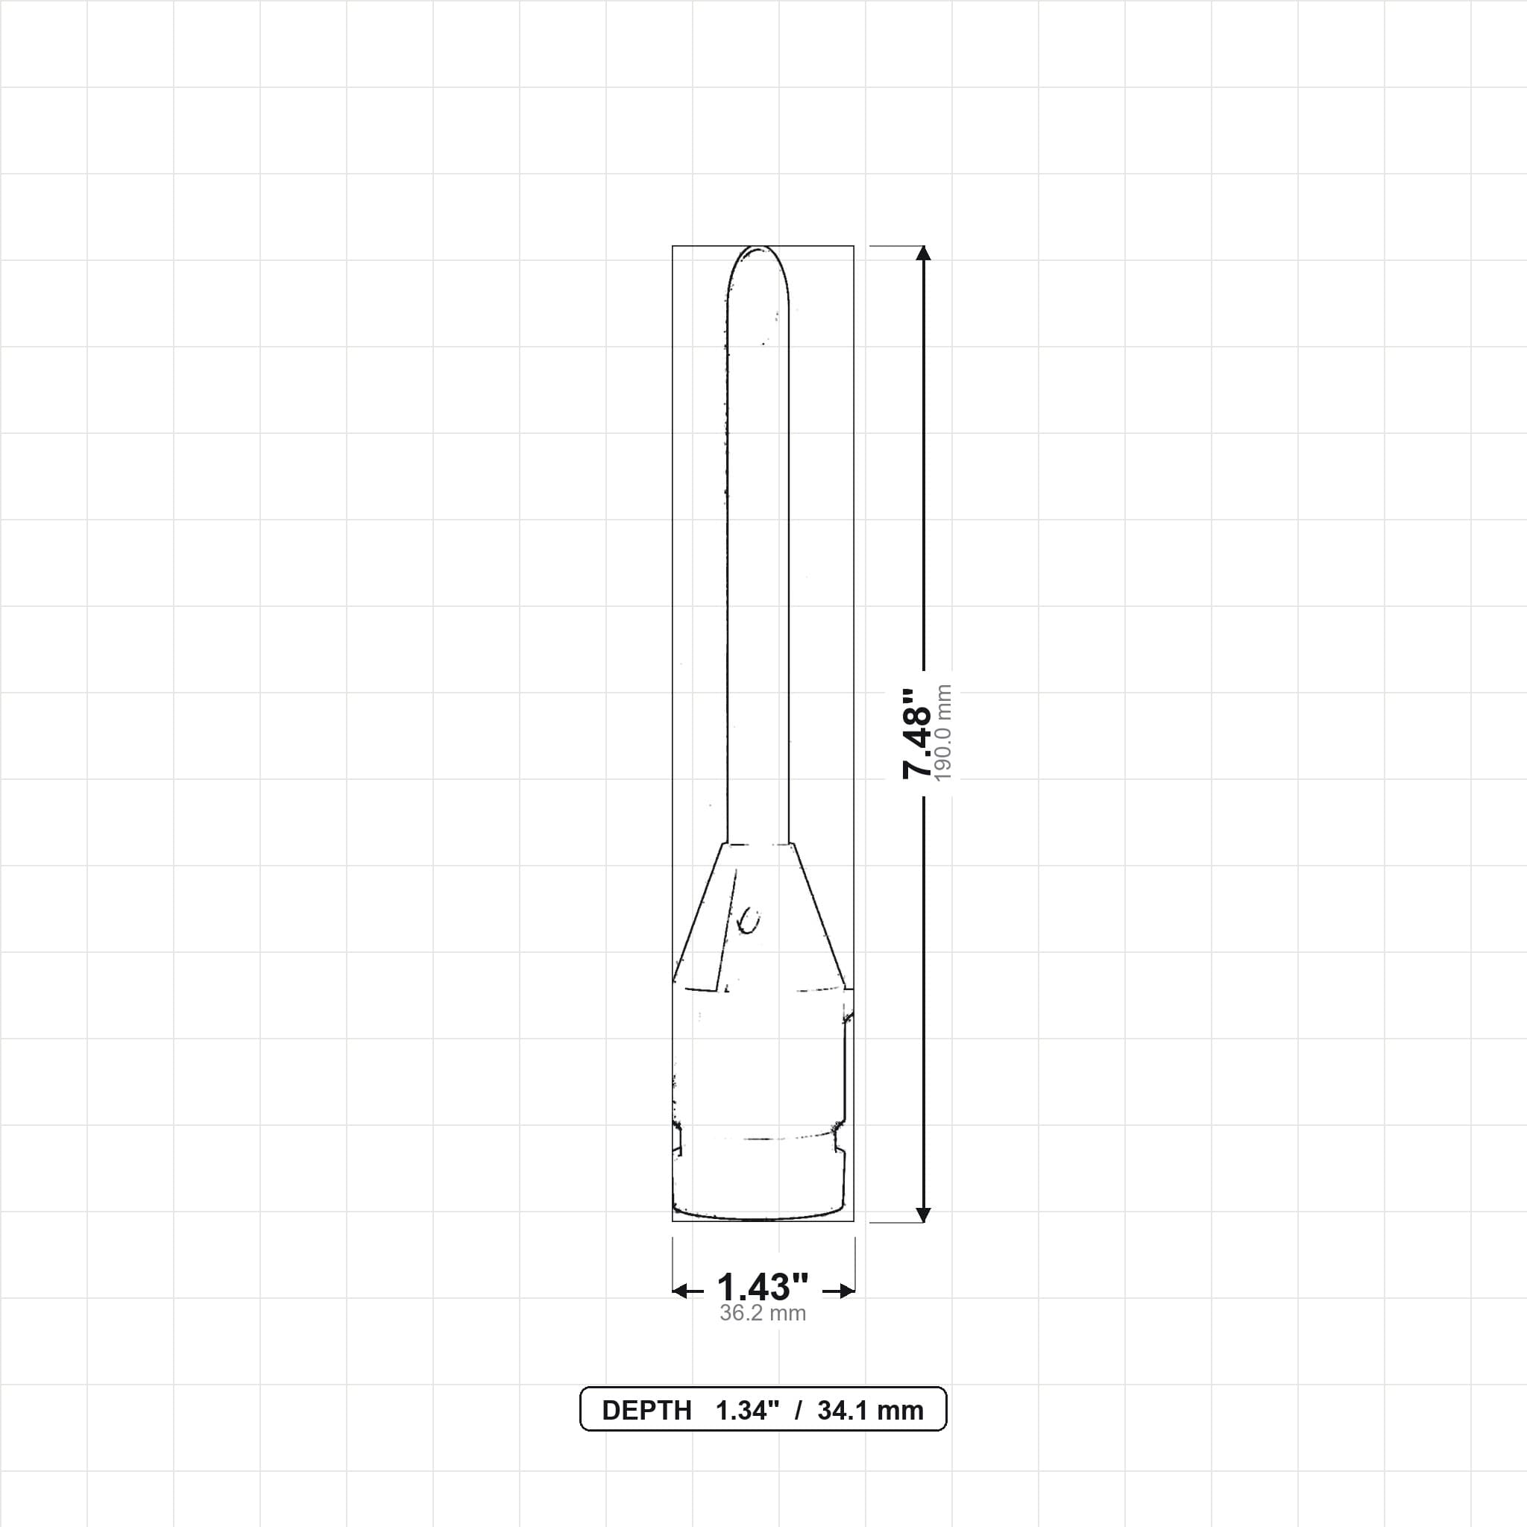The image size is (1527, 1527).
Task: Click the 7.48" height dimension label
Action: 917,734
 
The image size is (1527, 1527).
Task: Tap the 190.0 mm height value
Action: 943,734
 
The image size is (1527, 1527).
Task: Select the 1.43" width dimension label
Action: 763,1287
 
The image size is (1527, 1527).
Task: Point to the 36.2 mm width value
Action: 763,1313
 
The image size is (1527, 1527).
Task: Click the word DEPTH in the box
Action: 646,1411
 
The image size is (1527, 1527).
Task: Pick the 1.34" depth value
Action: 748,1411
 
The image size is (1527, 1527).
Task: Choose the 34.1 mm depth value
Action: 870,1411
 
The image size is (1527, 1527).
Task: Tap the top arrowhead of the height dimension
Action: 922,253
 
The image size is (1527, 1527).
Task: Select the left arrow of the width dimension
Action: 687,1291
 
